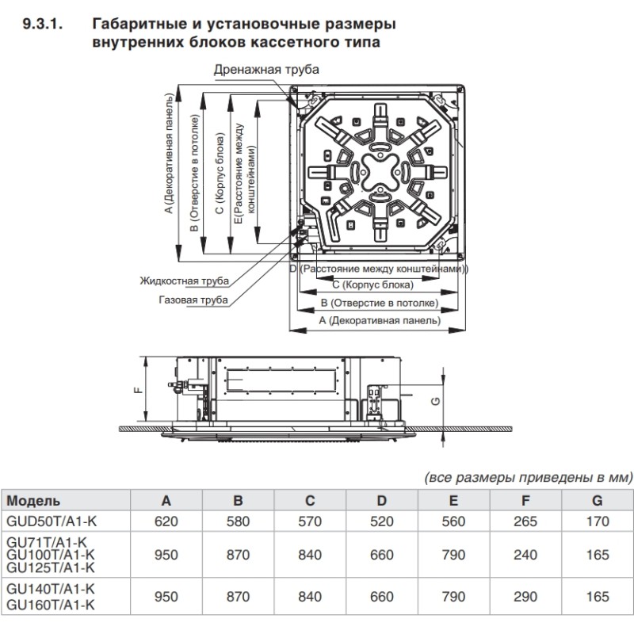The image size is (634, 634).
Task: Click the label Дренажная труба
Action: tap(266, 70)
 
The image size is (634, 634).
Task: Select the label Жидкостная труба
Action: tap(184, 281)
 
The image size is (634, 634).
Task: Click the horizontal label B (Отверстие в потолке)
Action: tap(379, 303)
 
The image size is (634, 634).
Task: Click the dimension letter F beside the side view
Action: tap(136, 389)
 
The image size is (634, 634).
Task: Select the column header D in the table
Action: tap(382, 500)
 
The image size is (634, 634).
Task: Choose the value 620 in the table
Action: tap(166, 521)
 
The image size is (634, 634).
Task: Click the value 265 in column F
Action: tap(525, 521)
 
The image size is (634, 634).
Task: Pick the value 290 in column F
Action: tap(525, 597)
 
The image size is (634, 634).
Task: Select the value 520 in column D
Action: tap(382, 521)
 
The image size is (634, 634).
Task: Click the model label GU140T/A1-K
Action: tap(51, 589)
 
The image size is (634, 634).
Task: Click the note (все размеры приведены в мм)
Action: tap(529, 478)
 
